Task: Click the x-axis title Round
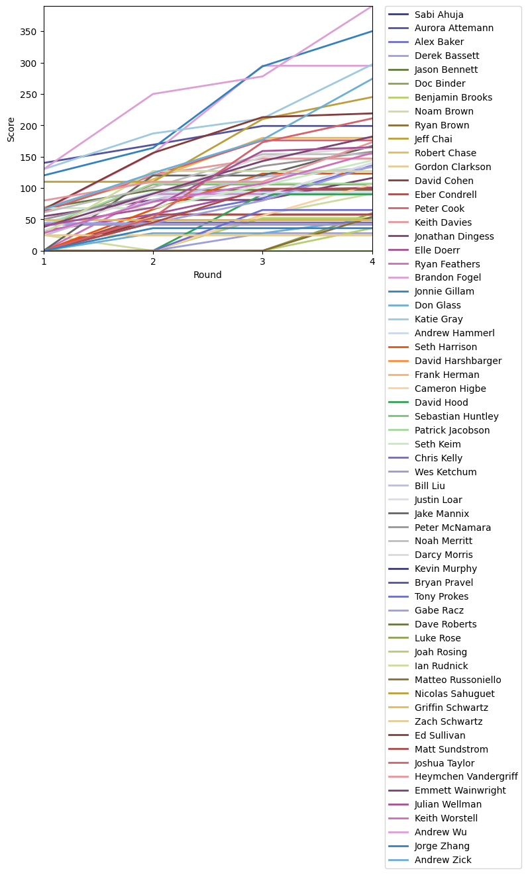coord(208,275)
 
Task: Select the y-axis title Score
coord(11,128)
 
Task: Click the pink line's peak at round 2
coord(154,94)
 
